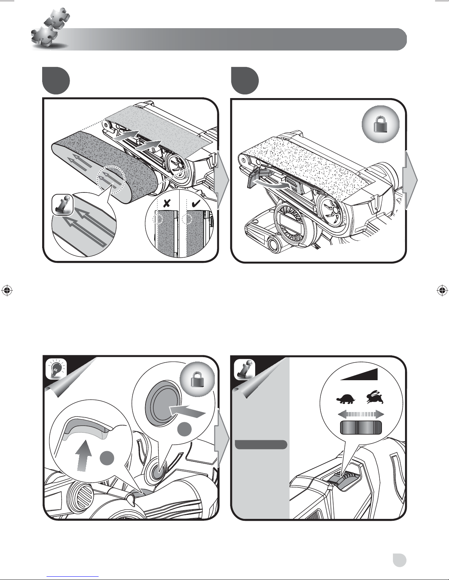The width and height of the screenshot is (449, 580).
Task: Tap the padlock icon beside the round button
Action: [198, 381]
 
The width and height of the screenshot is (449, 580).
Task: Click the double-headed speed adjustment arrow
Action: [361, 414]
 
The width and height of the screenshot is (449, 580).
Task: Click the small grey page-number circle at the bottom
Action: [399, 560]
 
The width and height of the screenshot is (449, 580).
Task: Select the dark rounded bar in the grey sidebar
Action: [261, 445]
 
